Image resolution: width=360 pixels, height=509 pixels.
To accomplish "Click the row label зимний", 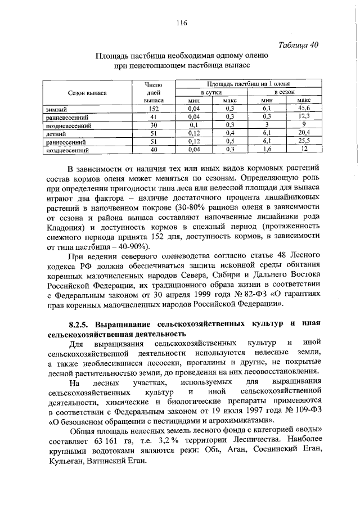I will tap(57, 108).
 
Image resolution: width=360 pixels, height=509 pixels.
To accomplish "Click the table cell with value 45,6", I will tap(304, 108).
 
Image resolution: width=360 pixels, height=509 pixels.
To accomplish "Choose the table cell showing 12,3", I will tap(304, 116).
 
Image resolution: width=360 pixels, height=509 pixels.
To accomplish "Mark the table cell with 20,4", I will tap(304, 133).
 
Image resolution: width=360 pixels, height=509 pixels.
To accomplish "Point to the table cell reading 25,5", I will tap(304, 142).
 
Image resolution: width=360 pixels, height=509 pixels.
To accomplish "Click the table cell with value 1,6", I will tap(267, 150).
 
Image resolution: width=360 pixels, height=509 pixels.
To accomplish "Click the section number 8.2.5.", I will tap(78, 325).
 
